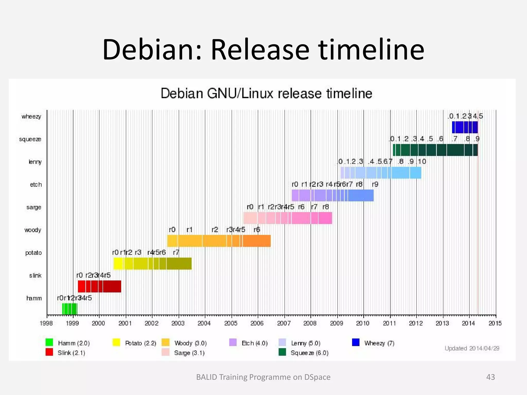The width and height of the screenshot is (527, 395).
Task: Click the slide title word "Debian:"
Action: (x=152, y=49)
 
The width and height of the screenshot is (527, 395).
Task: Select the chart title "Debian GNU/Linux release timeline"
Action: (x=266, y=93)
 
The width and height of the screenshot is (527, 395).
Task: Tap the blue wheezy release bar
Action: (x=465, y=127)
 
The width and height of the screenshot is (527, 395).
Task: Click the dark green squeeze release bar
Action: (x=435, y=150)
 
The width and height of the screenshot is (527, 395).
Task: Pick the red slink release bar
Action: (x=99, y=286)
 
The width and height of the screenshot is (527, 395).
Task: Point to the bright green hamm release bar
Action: (x=69, y=309)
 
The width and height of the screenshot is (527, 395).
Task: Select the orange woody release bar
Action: (x=219, y=241)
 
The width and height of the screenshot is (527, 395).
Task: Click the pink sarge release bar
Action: (x=287, y=218)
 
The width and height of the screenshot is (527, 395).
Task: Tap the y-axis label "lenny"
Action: (x=35, y=162)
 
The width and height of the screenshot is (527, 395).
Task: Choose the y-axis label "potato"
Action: (x=33, y=253)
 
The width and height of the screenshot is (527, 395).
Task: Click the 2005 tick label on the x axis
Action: (x=231, y=323)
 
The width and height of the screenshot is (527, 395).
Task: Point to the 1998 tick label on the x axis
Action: (x=46, y=323)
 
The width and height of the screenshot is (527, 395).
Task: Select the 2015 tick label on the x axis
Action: (x=495, y=323)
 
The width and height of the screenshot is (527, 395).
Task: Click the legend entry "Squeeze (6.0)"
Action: (x=309, y=353)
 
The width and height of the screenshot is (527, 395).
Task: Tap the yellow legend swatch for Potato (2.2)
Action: (x=116, y=343)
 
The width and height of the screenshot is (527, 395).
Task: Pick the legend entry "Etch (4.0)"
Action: (x=254, y=343)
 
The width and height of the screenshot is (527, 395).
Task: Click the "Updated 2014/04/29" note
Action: (x=472, y=348)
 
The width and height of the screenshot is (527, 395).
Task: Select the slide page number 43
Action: (x=490, y=377)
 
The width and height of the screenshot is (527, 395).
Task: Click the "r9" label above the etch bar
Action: (x=375, y=184)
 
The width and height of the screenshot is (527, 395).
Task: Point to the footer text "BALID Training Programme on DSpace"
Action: (x=263, y=377)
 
